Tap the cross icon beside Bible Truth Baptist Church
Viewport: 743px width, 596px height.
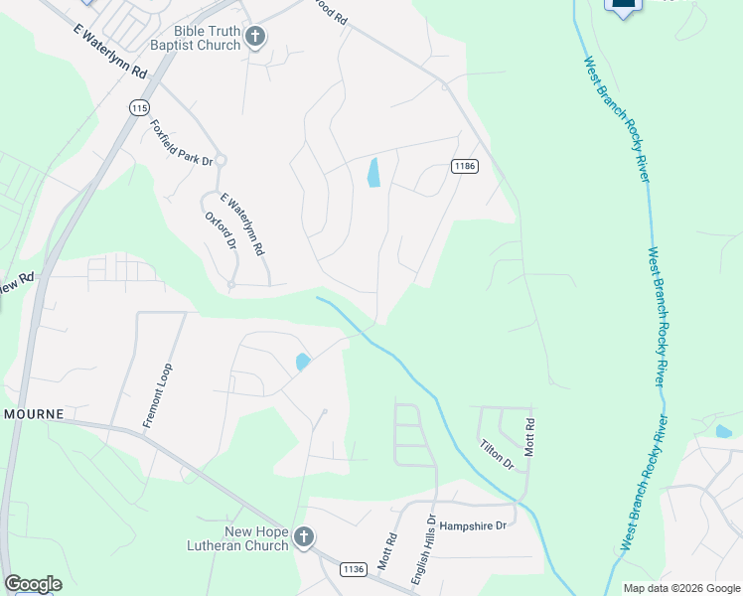click(x=255, y=38)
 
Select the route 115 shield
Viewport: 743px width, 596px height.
click(x=139, y=107)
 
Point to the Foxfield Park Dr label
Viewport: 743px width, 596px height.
click(x=182, y=143)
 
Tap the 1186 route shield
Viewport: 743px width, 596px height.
click(x=464, y=166)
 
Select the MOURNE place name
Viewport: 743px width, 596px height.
click(x=33, y=413)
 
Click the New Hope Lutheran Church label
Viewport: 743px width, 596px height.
click(x=238, y=537)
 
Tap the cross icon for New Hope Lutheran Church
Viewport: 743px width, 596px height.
click(x=304, y=537)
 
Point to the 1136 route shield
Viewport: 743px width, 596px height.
click(x=352, y=568)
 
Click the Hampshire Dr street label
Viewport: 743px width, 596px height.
click(x=473, y=525)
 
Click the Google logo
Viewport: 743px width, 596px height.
click(x=33, y=584)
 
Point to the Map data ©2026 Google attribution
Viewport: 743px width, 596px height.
click(x=681, y=588)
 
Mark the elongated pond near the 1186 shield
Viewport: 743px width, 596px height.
click(x=373, y=173)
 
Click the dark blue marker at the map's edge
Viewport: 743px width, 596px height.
click(x=623, y=5)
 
